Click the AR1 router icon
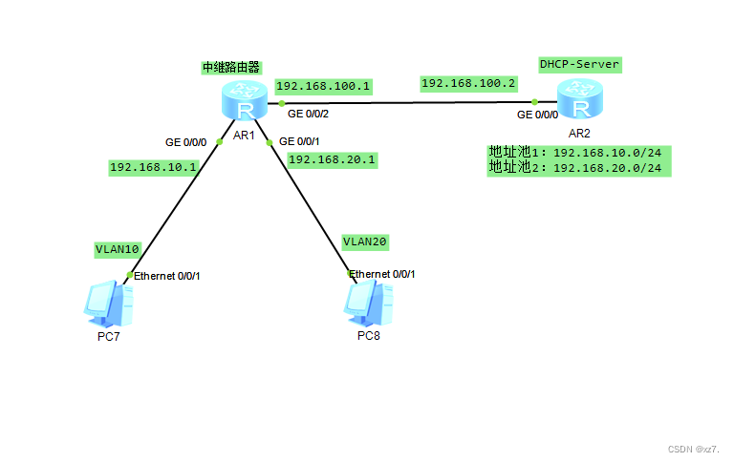pyautogui.click(x=244, y=100)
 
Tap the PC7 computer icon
pyautogui.click(x=107, y=304)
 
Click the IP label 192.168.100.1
pyautogui.click(x=323, y=86)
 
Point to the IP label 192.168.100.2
pyautogui.click(x=468, y=84)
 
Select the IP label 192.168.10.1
pyautogui.click(x=153, y=167)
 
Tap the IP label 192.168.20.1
pyautogui.click(x=332, y=159)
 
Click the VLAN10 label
pyautogui.click(x=117, y=249)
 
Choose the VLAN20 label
pyautogui.click(x=364, y=241)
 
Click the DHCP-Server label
pyautogui.click(x=579, y=64)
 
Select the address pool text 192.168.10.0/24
pyautogui.click(x=607, y=153)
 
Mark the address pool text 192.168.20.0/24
pyautogui.click(x=607, y=168)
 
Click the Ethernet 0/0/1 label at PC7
pyautogui.click(x=166, y=276)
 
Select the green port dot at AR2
pyautogui.click(x=536, y=101)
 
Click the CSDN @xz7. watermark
pyautogui.click(x=693, y=448)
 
